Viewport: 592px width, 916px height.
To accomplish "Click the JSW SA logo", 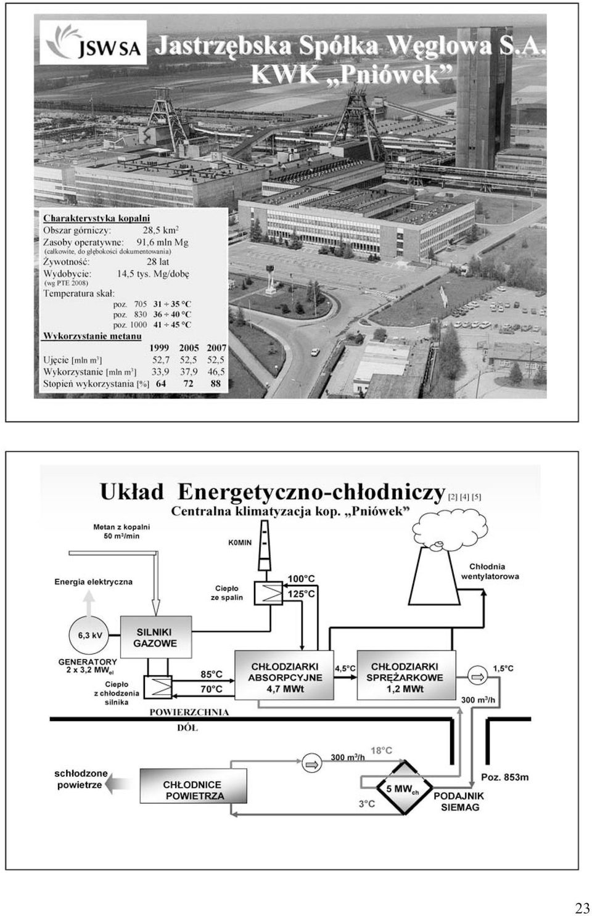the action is click(93, 43).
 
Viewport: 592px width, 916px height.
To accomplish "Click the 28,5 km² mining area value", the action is click(161, 229).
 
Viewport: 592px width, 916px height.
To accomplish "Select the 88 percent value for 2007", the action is click(215, 383).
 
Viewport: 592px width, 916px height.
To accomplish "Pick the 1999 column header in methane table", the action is click(159, 348).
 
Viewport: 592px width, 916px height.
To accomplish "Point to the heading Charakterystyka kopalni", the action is click(97, 218).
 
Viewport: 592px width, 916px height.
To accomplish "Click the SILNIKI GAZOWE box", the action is click(156, 637).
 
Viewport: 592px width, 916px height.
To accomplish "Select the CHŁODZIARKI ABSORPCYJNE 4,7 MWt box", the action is click(284, 675).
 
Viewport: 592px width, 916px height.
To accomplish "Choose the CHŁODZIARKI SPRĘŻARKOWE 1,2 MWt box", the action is click(406, 675).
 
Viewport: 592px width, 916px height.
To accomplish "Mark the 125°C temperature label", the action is click(301, 594).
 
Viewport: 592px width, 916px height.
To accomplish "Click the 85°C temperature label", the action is click(212, 674).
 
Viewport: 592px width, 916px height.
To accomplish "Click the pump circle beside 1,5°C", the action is click(477, 677).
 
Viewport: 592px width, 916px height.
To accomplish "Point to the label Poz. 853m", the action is click(505, 777).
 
